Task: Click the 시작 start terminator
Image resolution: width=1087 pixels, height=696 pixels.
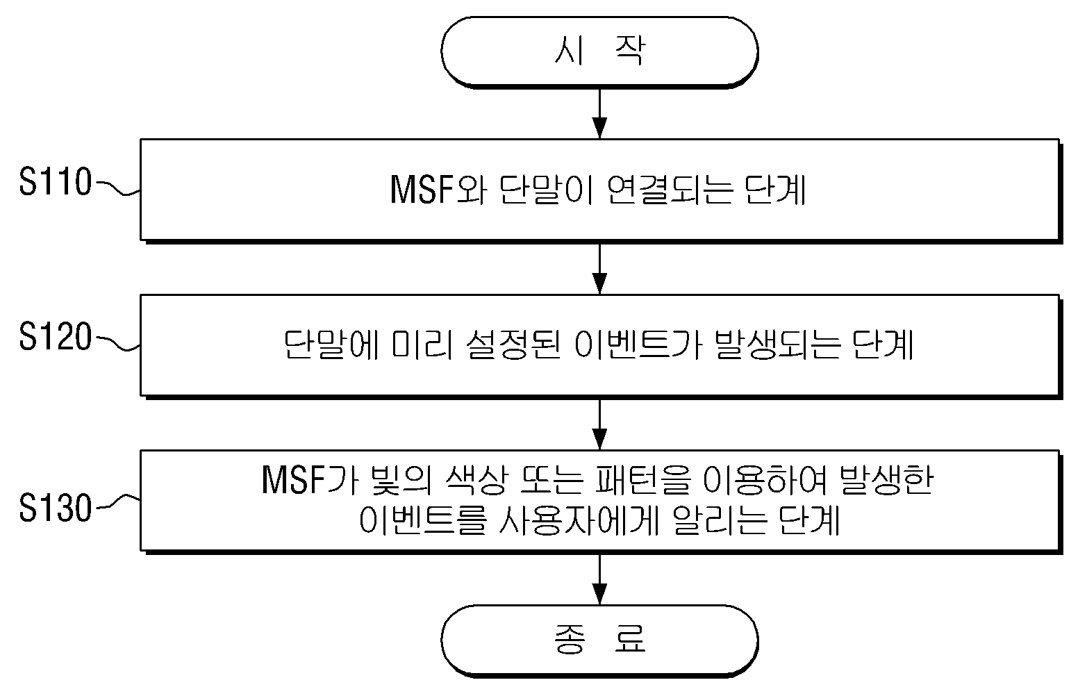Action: click(599, 52)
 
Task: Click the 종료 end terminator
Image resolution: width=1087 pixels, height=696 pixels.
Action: click(599, 640)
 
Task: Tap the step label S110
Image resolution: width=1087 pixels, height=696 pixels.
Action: click(56, 182)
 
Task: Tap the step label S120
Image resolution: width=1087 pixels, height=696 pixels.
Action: click(56, 336)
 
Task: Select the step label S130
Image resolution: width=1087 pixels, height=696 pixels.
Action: click(56, 508)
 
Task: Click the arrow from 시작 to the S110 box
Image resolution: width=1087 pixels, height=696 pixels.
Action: click(600, 114)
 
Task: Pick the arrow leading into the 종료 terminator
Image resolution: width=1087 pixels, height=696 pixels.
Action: click(600, 580)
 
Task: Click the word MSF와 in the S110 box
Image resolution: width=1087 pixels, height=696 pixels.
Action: click(438, 190)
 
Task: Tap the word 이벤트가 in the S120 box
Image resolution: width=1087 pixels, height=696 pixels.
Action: click(638, 345)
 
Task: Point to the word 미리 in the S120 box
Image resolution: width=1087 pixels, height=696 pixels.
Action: click(422, 345)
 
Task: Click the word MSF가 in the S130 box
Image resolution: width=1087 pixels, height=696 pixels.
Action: click(310, 480)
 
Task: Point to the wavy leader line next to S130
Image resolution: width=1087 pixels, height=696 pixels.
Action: click(119, 502)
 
